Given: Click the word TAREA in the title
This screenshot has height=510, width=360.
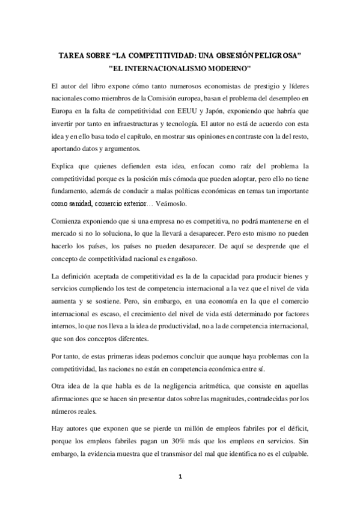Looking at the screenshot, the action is [71, 55].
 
